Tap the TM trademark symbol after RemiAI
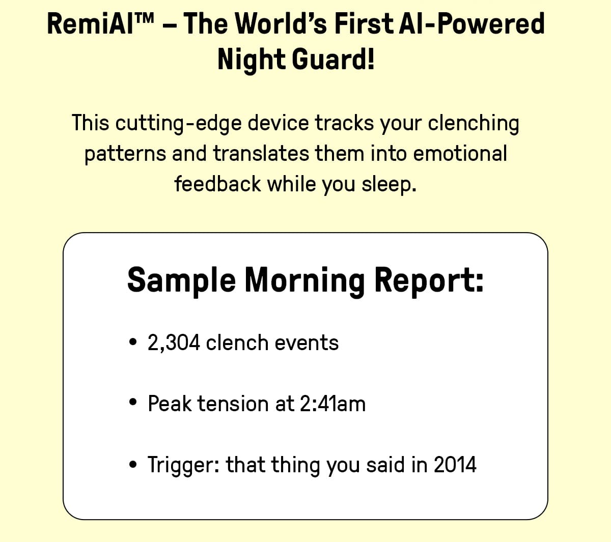144,19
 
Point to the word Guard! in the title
333,59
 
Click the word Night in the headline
252,60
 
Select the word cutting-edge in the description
178,124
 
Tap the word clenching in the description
473,124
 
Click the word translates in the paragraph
261,153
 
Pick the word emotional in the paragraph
460,153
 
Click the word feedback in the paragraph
217,184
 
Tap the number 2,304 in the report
174,343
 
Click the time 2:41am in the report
332,404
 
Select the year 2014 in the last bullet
455,465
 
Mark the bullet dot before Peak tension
133,402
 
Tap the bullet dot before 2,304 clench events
133,342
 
